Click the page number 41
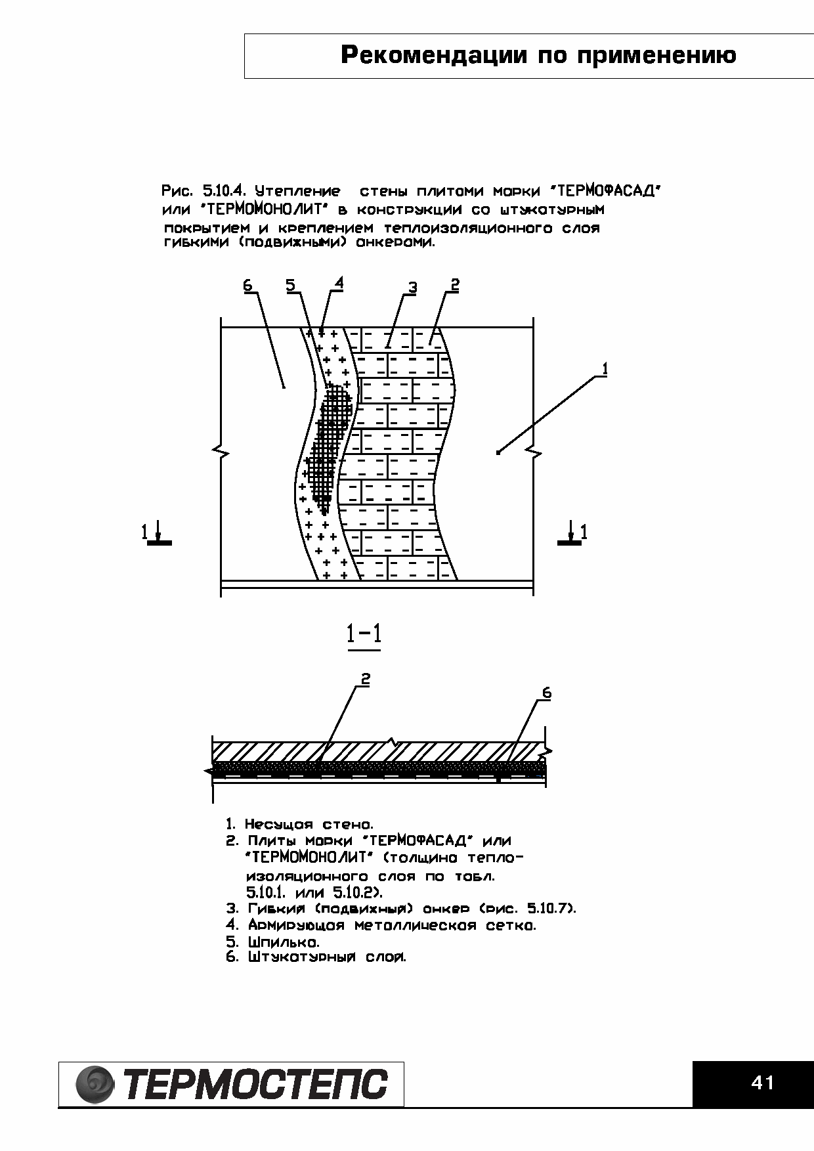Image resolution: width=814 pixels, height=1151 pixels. pyautogui.click(x=762, y=1083)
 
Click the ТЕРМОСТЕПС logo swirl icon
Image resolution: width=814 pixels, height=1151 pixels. pyautogui.click(x=96, y=1084)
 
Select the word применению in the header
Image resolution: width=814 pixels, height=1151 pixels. pyautogui.click(x=656, y=55)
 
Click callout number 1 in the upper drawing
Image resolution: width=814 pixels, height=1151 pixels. pyautogui.click(x=605, y=370)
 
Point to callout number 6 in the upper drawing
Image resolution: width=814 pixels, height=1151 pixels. pyautogui.click(x=247, y=285)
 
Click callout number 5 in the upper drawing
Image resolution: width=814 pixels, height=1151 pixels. pyautogui.click(x=291, y=285)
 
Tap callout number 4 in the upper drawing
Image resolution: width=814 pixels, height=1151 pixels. pyautogui.click(x=339, y=283)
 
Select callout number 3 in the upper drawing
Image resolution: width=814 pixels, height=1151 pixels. pyautogui.click(x=412, y=288)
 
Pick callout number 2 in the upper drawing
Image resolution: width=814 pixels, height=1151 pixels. pyautogui.click(x=454, y=284)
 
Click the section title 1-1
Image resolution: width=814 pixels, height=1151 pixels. pyautogui.click(x=364, y=634)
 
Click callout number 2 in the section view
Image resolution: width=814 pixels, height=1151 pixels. pyautogui.click(x=366, y=680)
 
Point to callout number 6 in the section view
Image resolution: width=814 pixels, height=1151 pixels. pyautogui.click(x=546, y=693)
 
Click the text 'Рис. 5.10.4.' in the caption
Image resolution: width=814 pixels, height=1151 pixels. pyautogui.click(x=203, y=192)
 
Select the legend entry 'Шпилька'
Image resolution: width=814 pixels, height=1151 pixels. pyautogui.click(x=273, y=942)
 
